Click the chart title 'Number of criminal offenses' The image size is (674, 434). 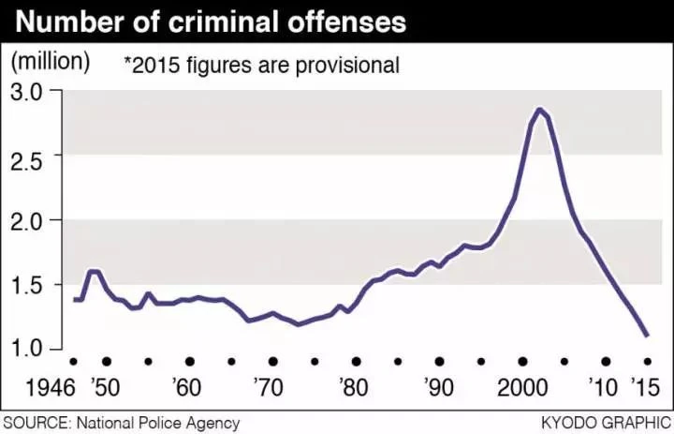coord(211,22)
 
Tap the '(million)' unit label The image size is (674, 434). coord(51,63)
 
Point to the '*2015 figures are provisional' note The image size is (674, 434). coord(262,65)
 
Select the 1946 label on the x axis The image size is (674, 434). coord(51,387)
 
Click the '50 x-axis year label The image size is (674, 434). coord(105,387)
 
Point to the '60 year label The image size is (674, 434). coord(186,387)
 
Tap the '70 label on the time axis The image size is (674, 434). coord(269,387)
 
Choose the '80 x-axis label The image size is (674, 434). coord(353,387)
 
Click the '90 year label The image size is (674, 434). coord(438,387)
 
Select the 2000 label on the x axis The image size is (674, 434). coord(522,387)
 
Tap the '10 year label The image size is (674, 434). coord(603,387)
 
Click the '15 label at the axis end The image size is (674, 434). coord(645,387)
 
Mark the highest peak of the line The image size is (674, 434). coord(539,110)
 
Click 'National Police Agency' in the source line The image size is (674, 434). coord(158,423)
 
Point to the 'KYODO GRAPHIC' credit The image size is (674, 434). coord(607,423)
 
